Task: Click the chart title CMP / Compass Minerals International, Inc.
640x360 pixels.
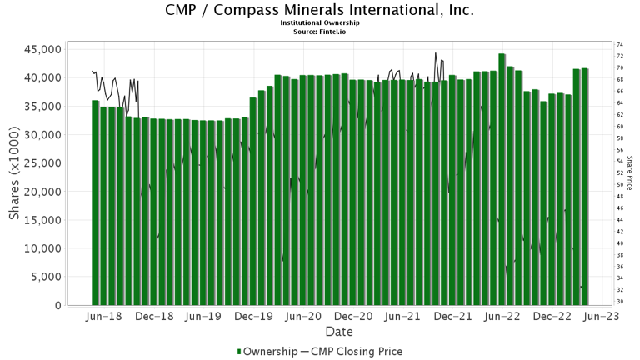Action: pos(320,10)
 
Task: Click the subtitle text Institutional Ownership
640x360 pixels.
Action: pos(320,22)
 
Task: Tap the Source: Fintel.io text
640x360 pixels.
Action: pos(320,31)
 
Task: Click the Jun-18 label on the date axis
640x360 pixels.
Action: pos(105,317)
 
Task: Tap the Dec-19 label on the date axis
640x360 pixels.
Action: pos(253,317)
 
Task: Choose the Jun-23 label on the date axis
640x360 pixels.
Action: pos(599,317)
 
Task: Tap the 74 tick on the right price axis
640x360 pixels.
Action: pos(620,44)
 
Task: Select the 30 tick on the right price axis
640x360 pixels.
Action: pos(620,302)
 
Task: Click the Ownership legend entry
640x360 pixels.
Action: pos(268,351)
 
